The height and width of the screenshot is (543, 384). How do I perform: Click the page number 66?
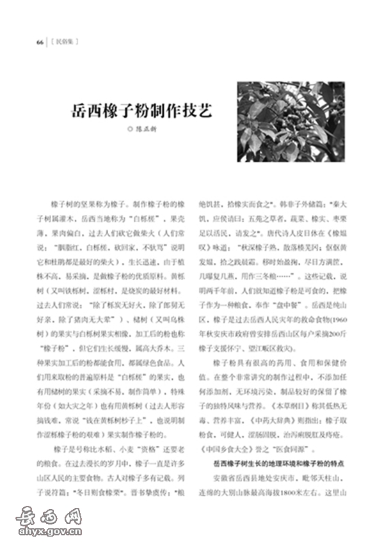[x=40, y=43]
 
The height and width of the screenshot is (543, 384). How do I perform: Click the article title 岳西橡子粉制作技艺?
[x=142, y=111]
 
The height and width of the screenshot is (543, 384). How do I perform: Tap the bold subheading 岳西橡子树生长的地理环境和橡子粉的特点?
[x=280, y=463]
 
